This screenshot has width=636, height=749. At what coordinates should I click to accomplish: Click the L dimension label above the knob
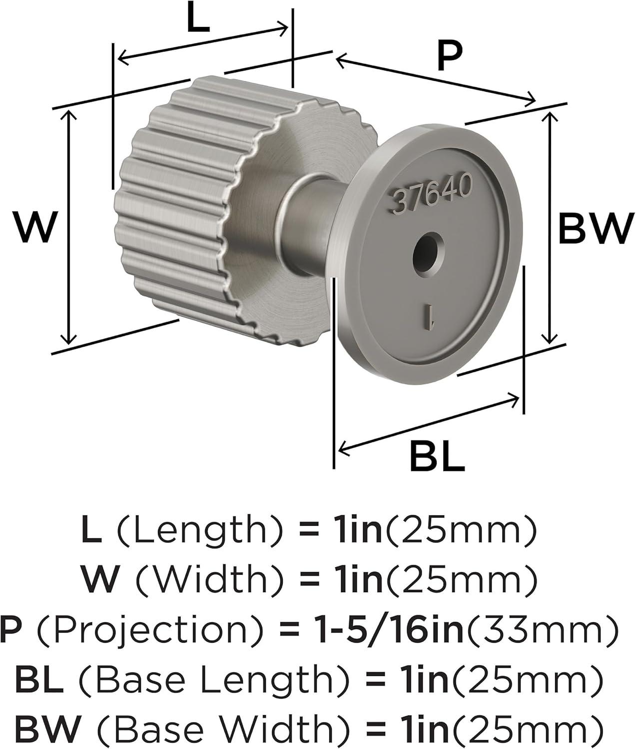coord(198,17)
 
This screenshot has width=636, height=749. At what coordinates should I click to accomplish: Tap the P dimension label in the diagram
coord(450,55)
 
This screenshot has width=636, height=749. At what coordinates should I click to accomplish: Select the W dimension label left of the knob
coord(35,227)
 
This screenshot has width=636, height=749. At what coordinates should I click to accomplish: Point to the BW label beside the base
coord(597,229)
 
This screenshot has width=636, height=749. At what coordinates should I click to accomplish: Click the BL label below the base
coord(437,456)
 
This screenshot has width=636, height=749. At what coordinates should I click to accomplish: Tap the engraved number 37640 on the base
coord(433,194)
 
